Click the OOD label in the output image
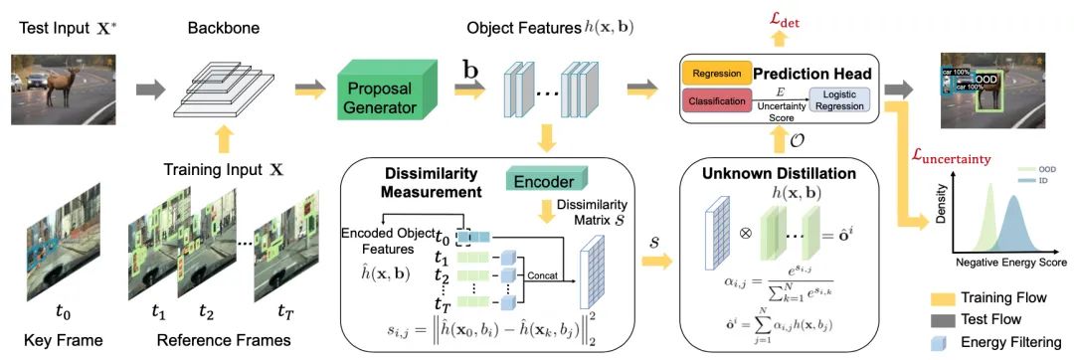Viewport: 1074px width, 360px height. pos(985,78)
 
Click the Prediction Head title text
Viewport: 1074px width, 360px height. pos(812,73)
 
